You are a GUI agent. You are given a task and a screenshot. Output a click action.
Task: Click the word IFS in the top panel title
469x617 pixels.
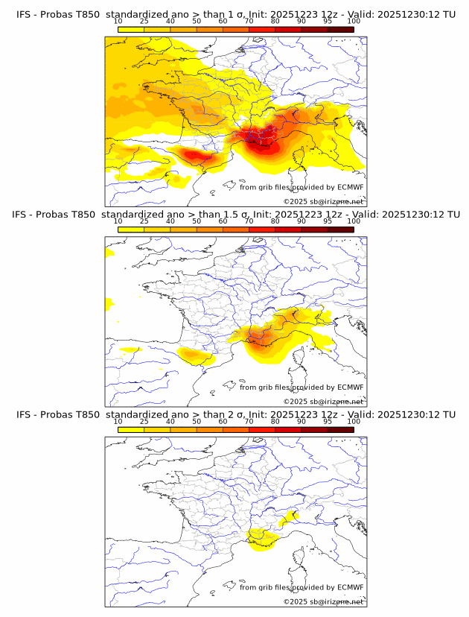[x=24, y=13]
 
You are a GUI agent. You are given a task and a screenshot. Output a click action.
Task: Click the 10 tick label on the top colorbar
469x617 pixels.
[x=118, y=22]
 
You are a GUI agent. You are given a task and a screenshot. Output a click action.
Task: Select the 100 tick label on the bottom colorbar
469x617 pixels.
[x=354, y=422]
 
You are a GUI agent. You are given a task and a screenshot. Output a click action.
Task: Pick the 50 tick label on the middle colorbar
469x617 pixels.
[x=197, y=221]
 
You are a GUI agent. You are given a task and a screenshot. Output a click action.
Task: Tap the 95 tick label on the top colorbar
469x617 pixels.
[x=328, y=22]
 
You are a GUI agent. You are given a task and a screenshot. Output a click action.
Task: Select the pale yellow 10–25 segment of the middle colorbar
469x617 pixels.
[x=131, y=230]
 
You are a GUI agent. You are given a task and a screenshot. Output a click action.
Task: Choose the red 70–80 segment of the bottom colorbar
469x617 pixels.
[x=262, y=430]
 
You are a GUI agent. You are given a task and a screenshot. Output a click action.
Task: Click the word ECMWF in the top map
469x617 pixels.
[x=351, y=188]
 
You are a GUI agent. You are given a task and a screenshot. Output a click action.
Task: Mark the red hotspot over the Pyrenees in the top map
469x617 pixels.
[x=195, y=155]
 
